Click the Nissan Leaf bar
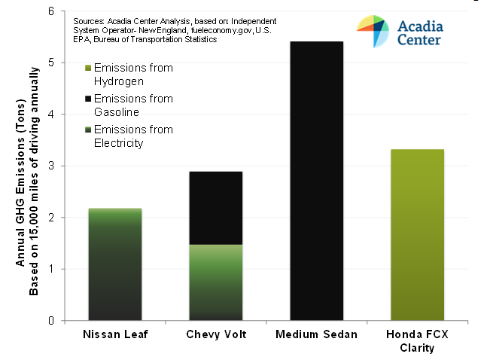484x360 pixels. pyautogui.click(x=115, y=264)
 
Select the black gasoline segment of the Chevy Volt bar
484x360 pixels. pyautogui.click(x=216, y=208)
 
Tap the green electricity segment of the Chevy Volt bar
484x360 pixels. pyautogui.click(x=216, y=282)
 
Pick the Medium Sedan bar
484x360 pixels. pyautogui.click(x=317, y=181)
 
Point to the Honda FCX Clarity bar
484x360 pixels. pyautogui.click(x=417, y=235)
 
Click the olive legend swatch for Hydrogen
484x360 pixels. pyautogui.click(x=88, y=68)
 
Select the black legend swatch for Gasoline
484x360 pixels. pyautogui.click(x=88, y=99)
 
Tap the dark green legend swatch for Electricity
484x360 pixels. pyautogui.click(x=88, y=130)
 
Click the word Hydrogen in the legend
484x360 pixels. pyautogui.click(x=119, y=81)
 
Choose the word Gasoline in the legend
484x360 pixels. pyautogui.click(x=117, y=112)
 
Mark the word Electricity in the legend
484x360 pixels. pyautogui.click(x=119, y=143)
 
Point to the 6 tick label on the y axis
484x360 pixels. pyautogui.click(x=51, y=11)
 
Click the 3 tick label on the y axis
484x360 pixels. pyautogui.click(x=51, y=166)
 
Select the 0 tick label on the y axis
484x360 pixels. pyautogui.click(x=51, y=321)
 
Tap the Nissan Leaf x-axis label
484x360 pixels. pyautogui.click(x=115, y=334)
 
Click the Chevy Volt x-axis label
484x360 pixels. pyautogui.click(x=216, y=334)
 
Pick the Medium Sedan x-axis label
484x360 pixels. pyautogui.click(x=316, y=334)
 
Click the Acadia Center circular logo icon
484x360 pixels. pyautogui.click(x=373, y=31)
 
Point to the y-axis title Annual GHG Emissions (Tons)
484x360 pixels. pyautogui.click(x=20, y=183)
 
